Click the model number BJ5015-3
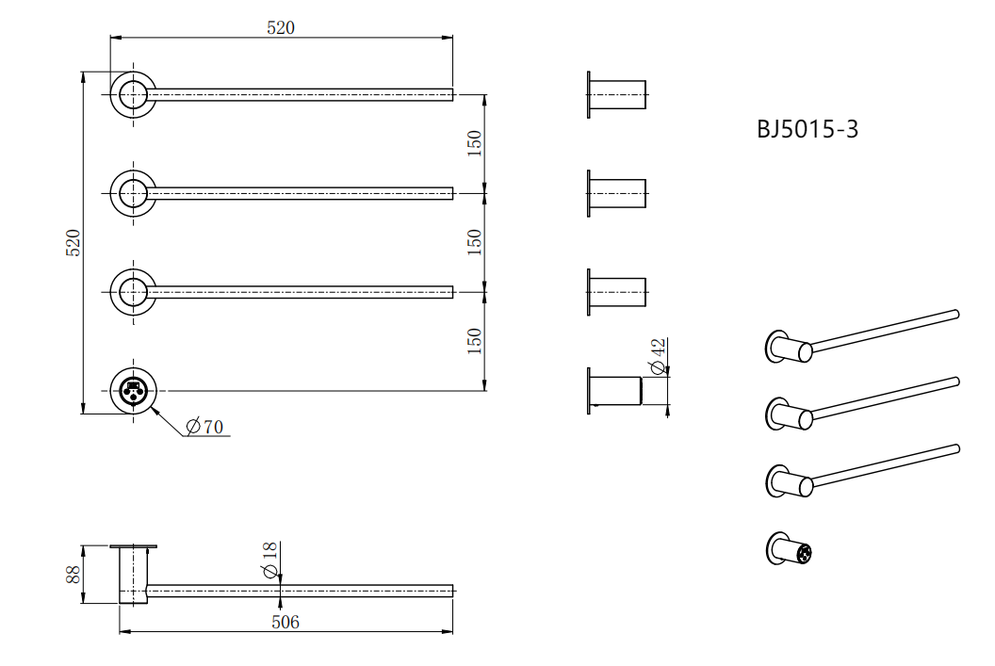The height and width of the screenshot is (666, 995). point(807,129)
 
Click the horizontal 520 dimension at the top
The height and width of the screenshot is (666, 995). point(281,28)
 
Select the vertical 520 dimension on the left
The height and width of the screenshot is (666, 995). point(73,243)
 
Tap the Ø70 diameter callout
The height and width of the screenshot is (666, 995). point(205,426)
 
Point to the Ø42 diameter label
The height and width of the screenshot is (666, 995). point(658,356)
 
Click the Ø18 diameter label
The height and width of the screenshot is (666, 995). point(269,560)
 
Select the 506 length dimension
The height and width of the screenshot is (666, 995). point(285,623)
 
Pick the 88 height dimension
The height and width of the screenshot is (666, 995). point(73,575)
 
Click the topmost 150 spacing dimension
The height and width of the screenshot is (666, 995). point(475,143)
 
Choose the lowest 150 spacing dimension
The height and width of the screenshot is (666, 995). point(475,341)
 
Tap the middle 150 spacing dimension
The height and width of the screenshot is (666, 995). point(475,242)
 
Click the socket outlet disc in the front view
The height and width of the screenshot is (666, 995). point(133,391)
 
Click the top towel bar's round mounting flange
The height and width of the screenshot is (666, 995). point(133,94)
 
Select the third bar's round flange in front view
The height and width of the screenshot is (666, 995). point(133,292)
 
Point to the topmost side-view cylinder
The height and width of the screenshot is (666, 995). point(617,94)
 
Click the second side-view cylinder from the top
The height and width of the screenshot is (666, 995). point(617,193)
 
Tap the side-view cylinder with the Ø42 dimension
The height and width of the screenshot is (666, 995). point(615,391)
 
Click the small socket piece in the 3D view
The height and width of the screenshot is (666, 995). point(789,549)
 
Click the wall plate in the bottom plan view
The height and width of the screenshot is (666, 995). point(133,546)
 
